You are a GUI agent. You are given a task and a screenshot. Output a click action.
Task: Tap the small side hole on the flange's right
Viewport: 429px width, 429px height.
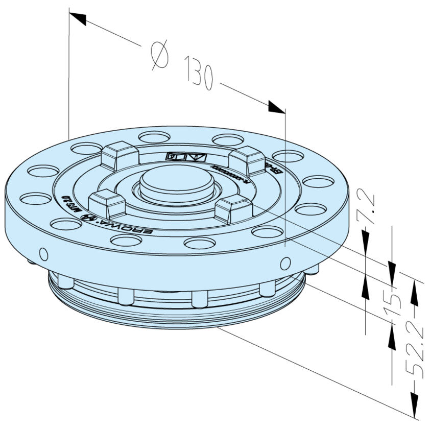284,264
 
